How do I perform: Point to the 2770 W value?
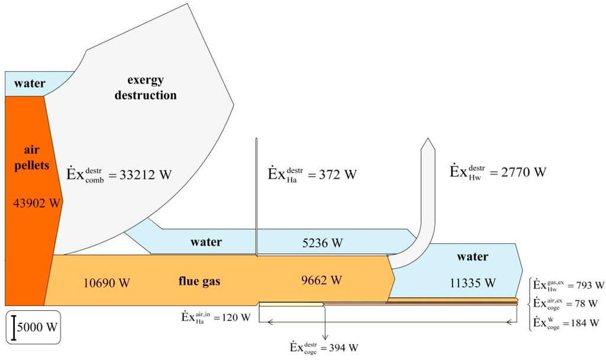497,172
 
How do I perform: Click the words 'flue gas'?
200,281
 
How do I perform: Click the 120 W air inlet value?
216,317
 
